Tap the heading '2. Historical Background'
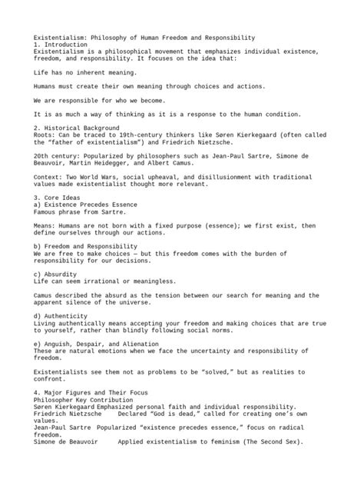76,127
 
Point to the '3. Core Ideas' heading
57,197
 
